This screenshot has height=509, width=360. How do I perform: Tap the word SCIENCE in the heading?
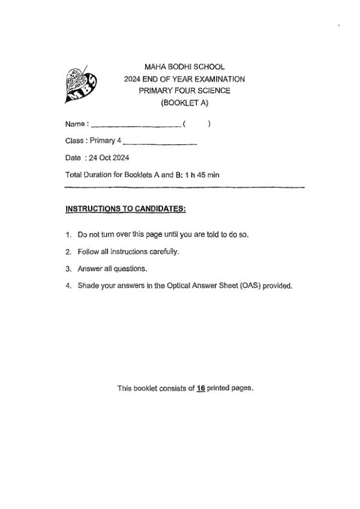click(x=216, y=91)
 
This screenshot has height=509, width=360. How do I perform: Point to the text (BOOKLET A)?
click(x=184, y=103)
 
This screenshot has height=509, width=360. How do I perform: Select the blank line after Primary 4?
click(x=160, y=143)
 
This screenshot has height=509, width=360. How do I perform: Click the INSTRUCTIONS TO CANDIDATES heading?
click(x=125, y=209)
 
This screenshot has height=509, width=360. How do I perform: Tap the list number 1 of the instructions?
click(x=68, y=234)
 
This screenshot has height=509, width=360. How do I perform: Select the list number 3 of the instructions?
click(x=68, y=269)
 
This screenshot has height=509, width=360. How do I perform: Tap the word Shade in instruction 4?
click(x=88, y=285)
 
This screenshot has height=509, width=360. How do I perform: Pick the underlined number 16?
click(x=201, y=388)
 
